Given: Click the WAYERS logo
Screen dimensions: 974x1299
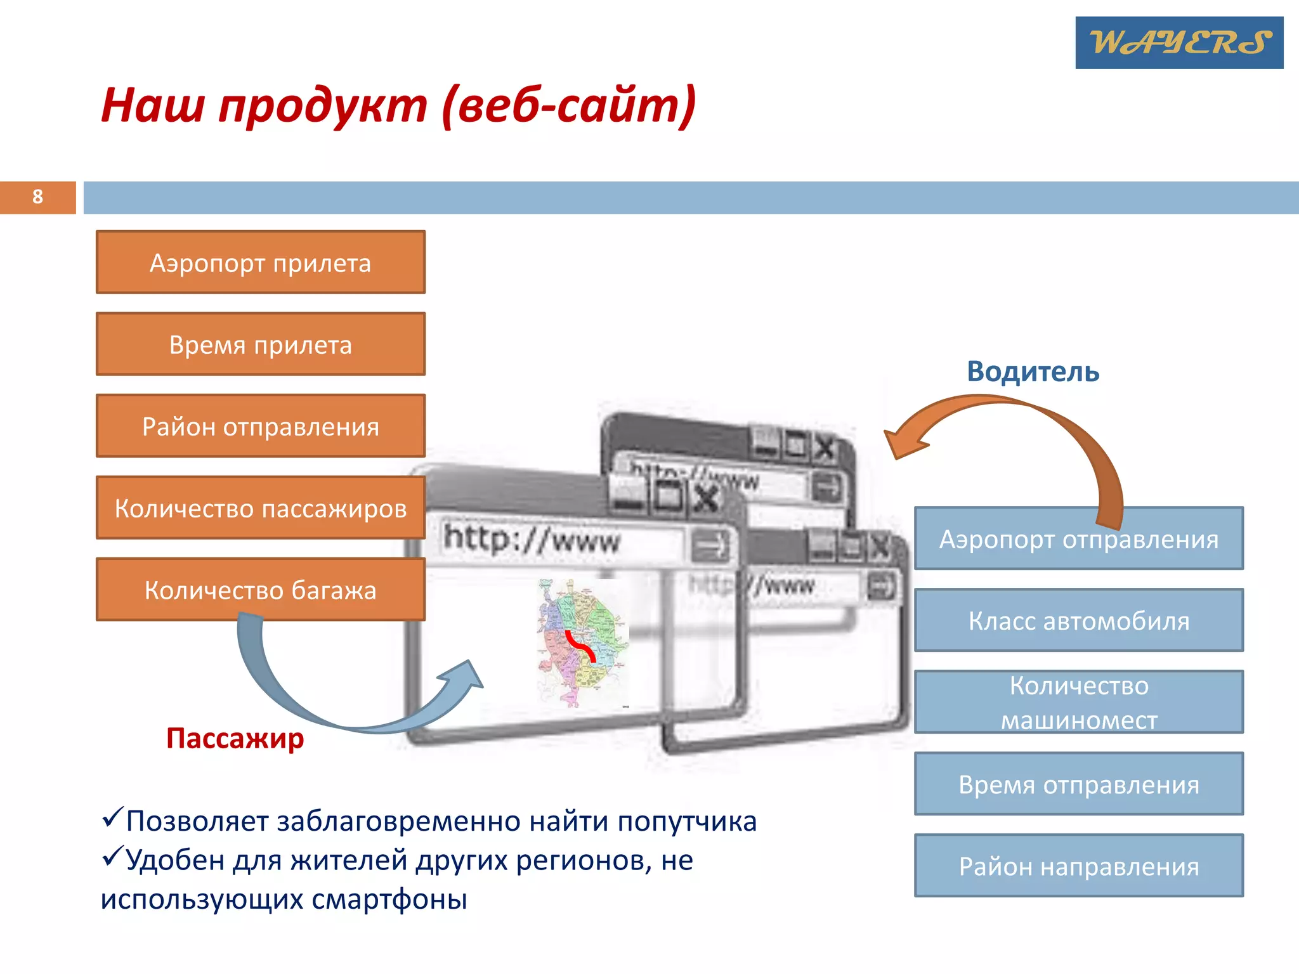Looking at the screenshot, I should click(x=1178, y=42).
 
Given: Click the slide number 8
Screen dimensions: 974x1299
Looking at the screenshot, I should click(x=37, y=197).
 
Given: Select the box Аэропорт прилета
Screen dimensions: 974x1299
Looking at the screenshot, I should click(x=260, y=263).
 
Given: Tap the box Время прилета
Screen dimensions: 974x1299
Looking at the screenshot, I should click(x=260, y=344).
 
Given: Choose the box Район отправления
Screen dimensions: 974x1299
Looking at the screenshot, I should click(x=260, y=426).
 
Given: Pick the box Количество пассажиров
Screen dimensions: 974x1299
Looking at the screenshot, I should click(x=260, y=508).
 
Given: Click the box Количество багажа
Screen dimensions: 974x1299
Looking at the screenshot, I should click(x=260, y=590).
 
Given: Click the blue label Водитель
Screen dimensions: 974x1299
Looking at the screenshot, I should click(x=1033, y=372).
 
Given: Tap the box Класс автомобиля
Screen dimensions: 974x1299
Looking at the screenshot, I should click(x=1078, y=621).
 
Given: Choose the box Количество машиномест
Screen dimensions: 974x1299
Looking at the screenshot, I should click(x=1078, y=703).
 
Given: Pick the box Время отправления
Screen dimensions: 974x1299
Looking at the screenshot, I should click(x=1078, y=784).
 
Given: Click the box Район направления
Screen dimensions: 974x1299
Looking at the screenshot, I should click(x=1078, y=866).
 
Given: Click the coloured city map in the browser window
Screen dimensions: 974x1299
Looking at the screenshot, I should click(x=582, y=640).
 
